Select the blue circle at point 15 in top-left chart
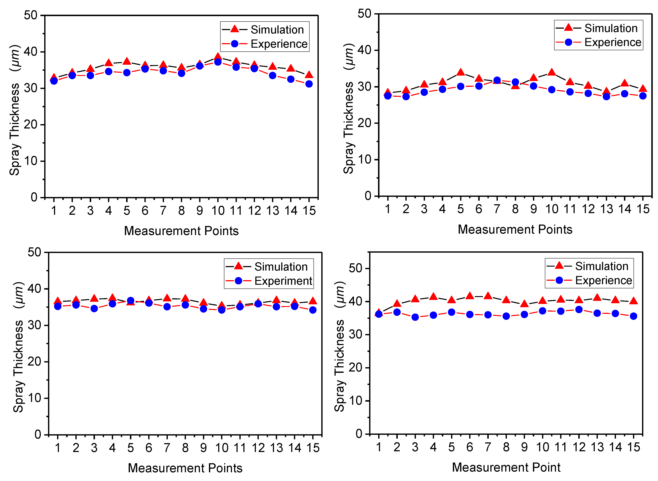click(x=309, y=84)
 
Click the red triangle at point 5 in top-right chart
click(x=460, y=72)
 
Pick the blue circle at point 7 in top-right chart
click(x=497, y=80)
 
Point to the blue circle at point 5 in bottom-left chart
click(x=130, y=300)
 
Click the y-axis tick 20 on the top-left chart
click(x=31, y=125)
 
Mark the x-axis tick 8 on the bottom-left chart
click(x=185, y=447)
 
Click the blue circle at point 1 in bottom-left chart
click(x=58, y=306)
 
